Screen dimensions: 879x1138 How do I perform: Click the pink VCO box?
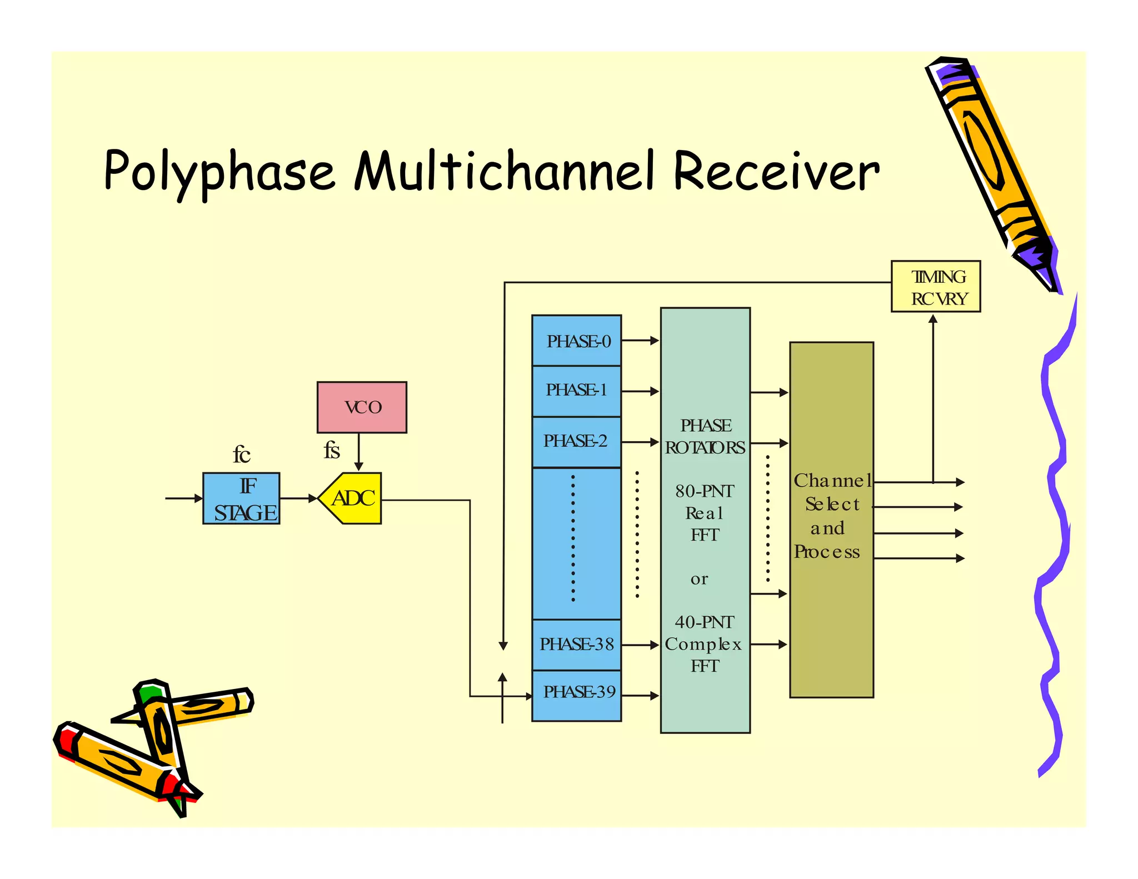tap(362, 407)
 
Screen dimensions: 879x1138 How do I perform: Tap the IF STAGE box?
tap(241, 498)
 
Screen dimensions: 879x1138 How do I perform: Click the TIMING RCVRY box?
tap(936, 286)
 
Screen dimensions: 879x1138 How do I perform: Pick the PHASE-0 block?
tap(577, 340)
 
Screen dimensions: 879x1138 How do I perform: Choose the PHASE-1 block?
tap(577, 390)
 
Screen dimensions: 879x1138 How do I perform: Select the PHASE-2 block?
tap(577, 441)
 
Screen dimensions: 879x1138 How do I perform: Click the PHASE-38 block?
tap(577, 644)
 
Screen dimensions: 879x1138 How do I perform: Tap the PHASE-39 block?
tap(577, 693)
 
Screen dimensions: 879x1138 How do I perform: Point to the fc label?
tap(241, 455)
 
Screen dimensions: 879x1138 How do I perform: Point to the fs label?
tap(332, 450)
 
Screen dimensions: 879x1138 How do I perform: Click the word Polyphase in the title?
tap(219, 171)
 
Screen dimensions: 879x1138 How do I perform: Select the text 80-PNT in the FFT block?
tap(705, 491)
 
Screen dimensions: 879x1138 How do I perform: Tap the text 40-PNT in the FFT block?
tap(705, 622)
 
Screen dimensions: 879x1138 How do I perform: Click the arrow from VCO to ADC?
tap(359, 452)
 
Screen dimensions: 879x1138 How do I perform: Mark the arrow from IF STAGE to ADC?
tap(298, 498)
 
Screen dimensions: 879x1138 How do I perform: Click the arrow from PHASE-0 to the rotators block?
tap(640, 340)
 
